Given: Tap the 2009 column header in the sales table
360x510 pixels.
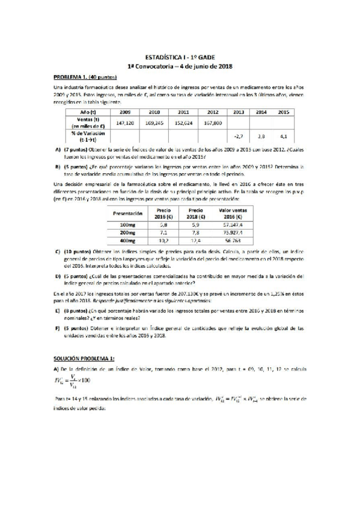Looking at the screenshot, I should point(125,112).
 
